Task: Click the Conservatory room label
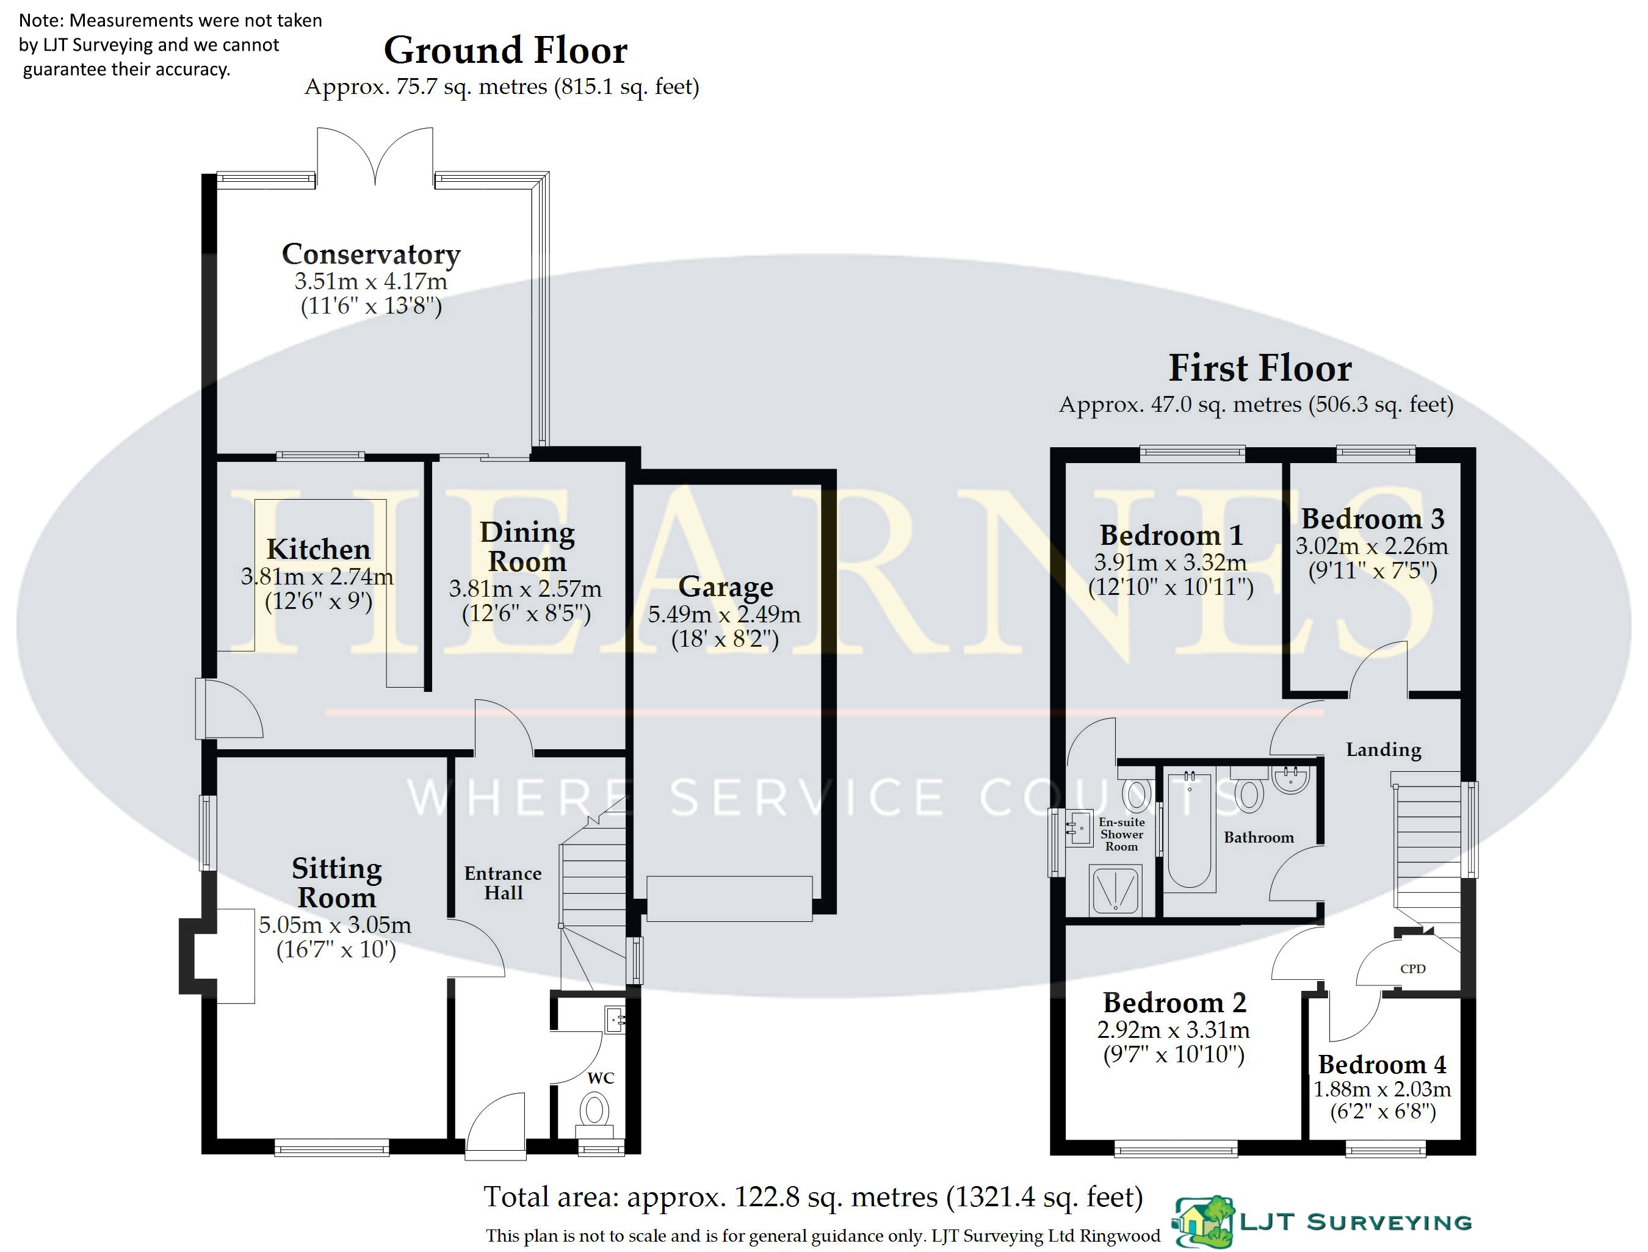[371, 254]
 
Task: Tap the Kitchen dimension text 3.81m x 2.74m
[317, 576]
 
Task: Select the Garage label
[726, 587]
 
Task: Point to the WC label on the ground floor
[601, 1078]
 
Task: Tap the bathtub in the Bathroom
[1190, 829]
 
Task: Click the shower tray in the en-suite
[1115, 889]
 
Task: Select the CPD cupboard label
[1412, 969]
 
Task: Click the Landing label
[1383, 750]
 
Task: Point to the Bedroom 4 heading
[1382, 1064]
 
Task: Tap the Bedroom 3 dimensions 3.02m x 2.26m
[1372, 546]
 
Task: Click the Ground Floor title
[505, 51]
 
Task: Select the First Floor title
[1260, 368]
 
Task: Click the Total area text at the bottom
[813, 1197]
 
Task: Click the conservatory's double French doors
[375, 155]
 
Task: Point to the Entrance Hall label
[503, 883]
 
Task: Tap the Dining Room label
[527, 546]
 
